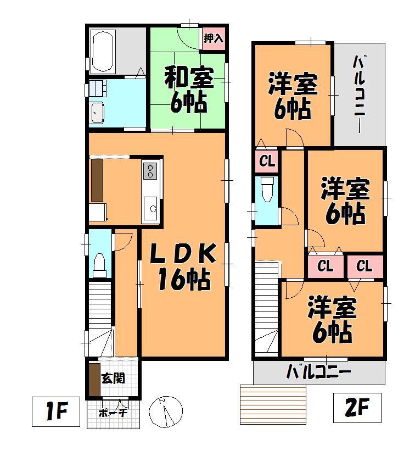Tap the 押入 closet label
(213, 38)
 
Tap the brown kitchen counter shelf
(97, 180)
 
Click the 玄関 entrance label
(113, 378)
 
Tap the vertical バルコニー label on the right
(360, 93)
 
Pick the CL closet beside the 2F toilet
(267, 162)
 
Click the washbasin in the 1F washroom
(98, 113)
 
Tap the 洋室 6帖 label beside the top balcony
(292, 96)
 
